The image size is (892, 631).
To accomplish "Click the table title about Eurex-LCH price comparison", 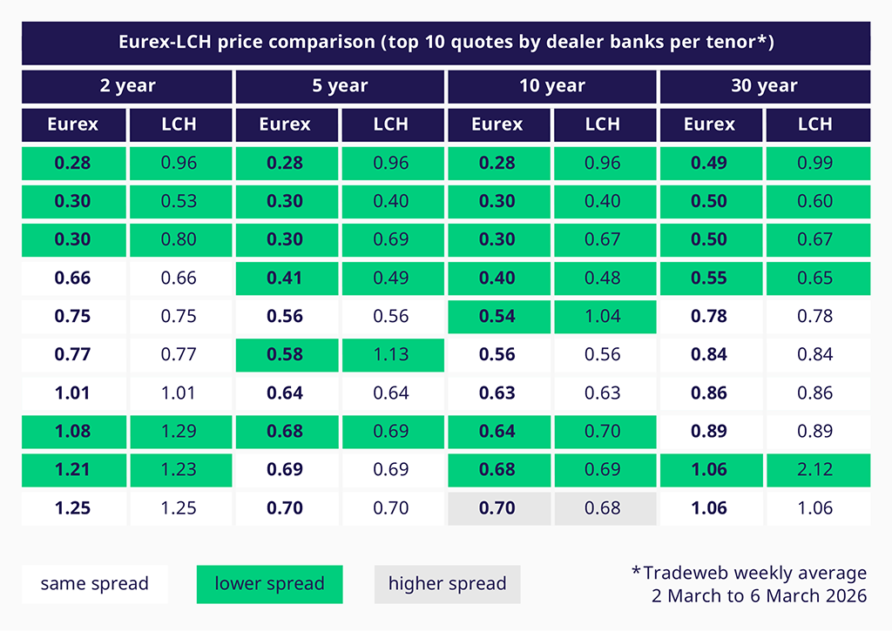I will coord(446,42).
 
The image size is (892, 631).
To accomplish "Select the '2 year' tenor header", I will coord(127,86).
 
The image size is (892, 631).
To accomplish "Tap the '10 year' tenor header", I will coord(552,86).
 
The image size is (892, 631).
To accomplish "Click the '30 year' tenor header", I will coord(765,86).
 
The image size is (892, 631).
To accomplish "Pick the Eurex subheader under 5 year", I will coord(285,124).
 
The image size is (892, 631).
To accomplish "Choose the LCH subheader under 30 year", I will coord(815,124).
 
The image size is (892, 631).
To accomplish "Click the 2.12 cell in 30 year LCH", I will coord(815,469).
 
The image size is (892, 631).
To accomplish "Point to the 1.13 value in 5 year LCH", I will coord(390,354).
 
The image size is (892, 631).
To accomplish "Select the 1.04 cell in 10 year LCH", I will coord(603,316).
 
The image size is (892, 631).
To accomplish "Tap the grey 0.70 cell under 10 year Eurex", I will coord(497,507).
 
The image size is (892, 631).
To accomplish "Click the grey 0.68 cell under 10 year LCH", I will coord(603,507).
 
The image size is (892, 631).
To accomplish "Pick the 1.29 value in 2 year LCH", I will coord(179,431).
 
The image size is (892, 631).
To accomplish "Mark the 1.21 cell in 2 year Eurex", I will coord(73,469).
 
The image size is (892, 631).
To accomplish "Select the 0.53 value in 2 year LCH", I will coord(179,201).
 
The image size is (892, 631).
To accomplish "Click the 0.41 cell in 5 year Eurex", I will coord(285,278).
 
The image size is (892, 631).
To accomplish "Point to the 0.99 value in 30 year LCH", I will coord(815,163).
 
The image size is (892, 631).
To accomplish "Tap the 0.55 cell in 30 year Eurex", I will coord(709,278).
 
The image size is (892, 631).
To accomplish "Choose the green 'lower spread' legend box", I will coord(269,584).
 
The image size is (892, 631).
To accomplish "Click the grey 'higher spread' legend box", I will coord(447,584).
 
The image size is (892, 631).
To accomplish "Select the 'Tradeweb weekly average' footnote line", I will coord(749,573).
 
